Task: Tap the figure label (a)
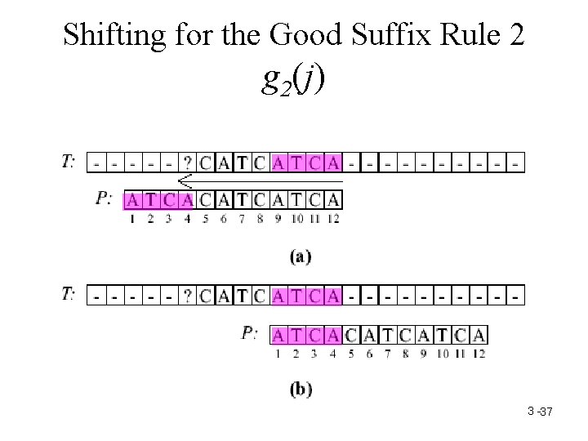[x=300, y=256]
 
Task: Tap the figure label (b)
[x=300, y=390]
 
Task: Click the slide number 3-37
[x=541, y=412]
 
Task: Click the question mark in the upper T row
[x=189, y=163]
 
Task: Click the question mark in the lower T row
[x=189, y=295]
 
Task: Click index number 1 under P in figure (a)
[x=133, y=218]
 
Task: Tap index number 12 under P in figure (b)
[x=479, y=353]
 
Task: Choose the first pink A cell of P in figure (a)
[x=133, y=200]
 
